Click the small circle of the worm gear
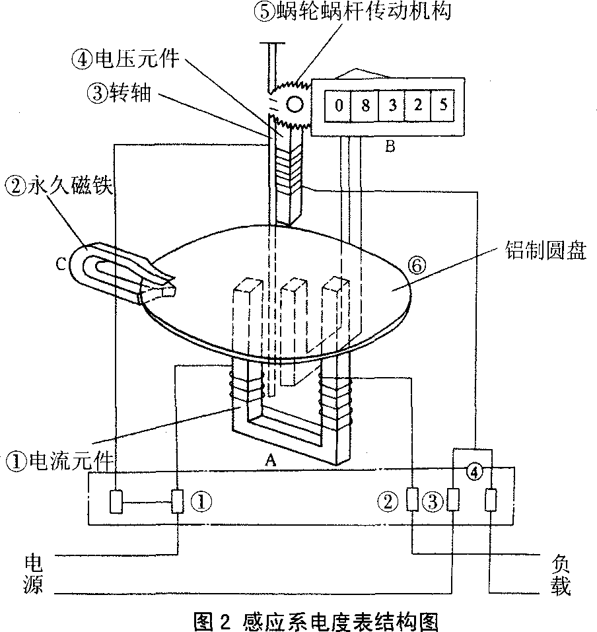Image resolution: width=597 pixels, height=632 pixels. pyautogui.click(x=294, y=104)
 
